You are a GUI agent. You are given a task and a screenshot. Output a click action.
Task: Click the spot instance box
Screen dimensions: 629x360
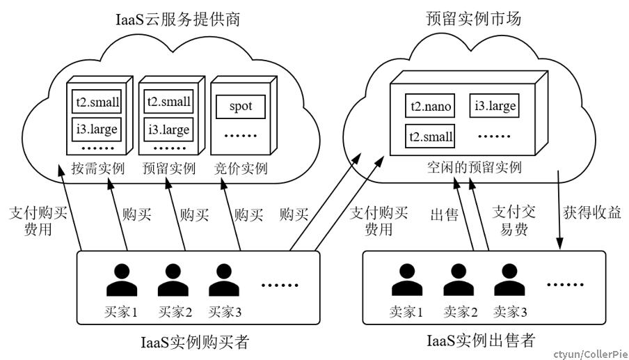click(x=241, y=107)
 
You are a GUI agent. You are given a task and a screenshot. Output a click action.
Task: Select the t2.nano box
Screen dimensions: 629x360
click(x=430, y=106)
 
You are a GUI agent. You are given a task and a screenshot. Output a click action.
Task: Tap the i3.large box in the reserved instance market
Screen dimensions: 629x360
click(x=494, y=106)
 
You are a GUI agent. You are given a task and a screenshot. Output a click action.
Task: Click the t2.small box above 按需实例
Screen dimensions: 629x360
click(x=96, y=102)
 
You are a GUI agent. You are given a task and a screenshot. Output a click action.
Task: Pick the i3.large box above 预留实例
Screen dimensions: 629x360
click(x=168, y=130)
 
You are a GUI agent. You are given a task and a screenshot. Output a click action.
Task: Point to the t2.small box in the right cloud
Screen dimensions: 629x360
click(x=430, y=136)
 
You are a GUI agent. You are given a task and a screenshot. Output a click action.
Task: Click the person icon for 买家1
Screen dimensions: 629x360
click(x=122, y=280)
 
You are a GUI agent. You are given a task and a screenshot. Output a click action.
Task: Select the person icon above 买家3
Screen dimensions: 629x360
click(x=224, y=280)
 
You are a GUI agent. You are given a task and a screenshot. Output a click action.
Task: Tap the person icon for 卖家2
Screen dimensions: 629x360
click(x=459, y=280)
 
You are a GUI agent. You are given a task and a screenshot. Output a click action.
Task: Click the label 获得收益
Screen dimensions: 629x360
click(x=592, y=212)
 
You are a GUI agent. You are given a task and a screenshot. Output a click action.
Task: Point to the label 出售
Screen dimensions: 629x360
click(x=444, y=214)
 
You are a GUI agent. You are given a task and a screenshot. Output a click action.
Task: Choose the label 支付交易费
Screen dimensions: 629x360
click(x=514, y=220)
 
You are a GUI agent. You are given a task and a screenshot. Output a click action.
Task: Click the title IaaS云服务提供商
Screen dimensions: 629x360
click(x=177, y=19)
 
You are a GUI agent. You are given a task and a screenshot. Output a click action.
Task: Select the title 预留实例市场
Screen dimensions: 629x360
click(x=473, y=19)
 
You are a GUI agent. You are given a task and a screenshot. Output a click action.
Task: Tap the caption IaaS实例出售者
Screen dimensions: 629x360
click(x=481, y=341)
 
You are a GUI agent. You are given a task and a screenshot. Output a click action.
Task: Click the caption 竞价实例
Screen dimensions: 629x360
click(x=241, y=168)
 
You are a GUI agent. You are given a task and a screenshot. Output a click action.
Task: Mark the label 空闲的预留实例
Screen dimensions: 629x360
click(x=474, y=167)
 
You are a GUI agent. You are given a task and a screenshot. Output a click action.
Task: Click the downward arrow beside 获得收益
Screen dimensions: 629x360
click(x=559, y=210)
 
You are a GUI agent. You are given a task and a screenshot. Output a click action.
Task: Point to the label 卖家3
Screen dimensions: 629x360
click(x=510, y=312)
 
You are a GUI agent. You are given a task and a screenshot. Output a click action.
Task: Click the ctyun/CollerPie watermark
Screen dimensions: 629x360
click(x=590, y=354)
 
